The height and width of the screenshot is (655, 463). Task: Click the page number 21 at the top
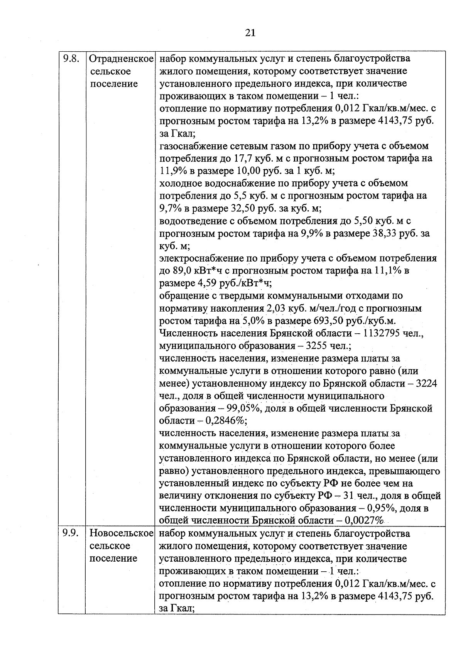pyautogui.click(x=250, y=33)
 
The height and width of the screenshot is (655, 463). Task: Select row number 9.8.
pyautogui.click(x=71, y=59)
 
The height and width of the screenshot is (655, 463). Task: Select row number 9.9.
pyautogui.click(x=71, y=533)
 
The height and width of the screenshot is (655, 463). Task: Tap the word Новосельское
pyautogui.click(x=122, y=533)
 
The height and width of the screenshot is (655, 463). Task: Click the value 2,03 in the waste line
pyautogui.click(x=275, y=308)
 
